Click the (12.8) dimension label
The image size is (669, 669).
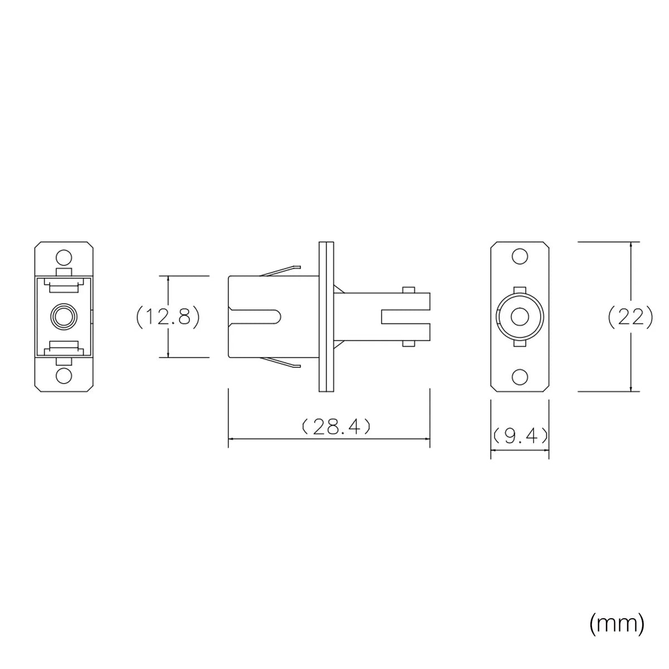coord(168,317)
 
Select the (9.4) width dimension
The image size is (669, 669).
coord(520,436)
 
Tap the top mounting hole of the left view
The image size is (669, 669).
coord(64,257)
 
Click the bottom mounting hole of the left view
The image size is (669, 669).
coord(64,376)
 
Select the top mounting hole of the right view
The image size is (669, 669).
coord(520,257)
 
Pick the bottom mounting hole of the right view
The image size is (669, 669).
coord(520,376)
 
